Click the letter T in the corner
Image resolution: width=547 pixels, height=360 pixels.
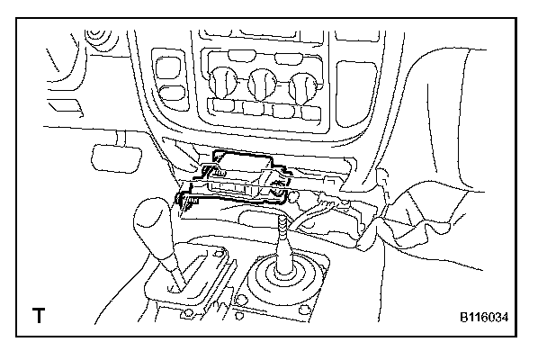coord(39,316)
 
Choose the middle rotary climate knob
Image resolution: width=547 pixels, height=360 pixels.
coord(263,84)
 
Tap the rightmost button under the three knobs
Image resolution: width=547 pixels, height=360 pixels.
coord(309,112)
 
